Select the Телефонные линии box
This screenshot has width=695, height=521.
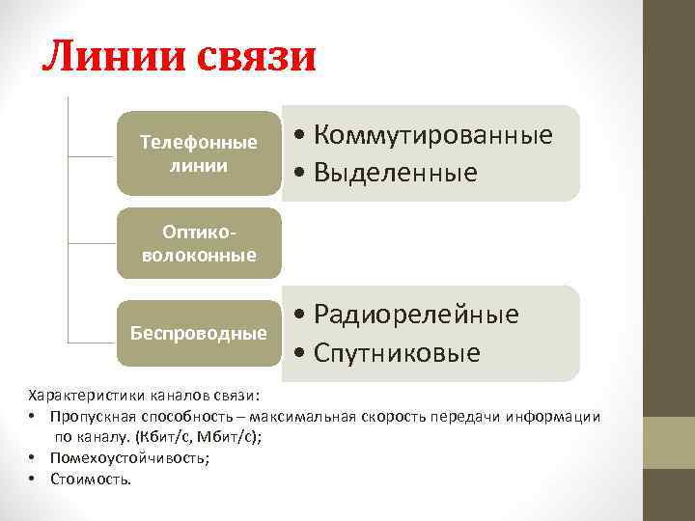coord(199,153)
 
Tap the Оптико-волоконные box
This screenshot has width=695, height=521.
coord(199,244)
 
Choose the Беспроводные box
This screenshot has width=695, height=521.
coord(199,333)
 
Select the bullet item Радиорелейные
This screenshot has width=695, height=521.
coord(416,315)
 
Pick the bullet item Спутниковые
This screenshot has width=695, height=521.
coord(397,353)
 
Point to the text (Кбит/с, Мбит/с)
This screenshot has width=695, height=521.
coord(198,436)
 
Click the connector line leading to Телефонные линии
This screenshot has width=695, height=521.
coord(92,155)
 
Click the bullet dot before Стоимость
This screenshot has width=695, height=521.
coord(33,479)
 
